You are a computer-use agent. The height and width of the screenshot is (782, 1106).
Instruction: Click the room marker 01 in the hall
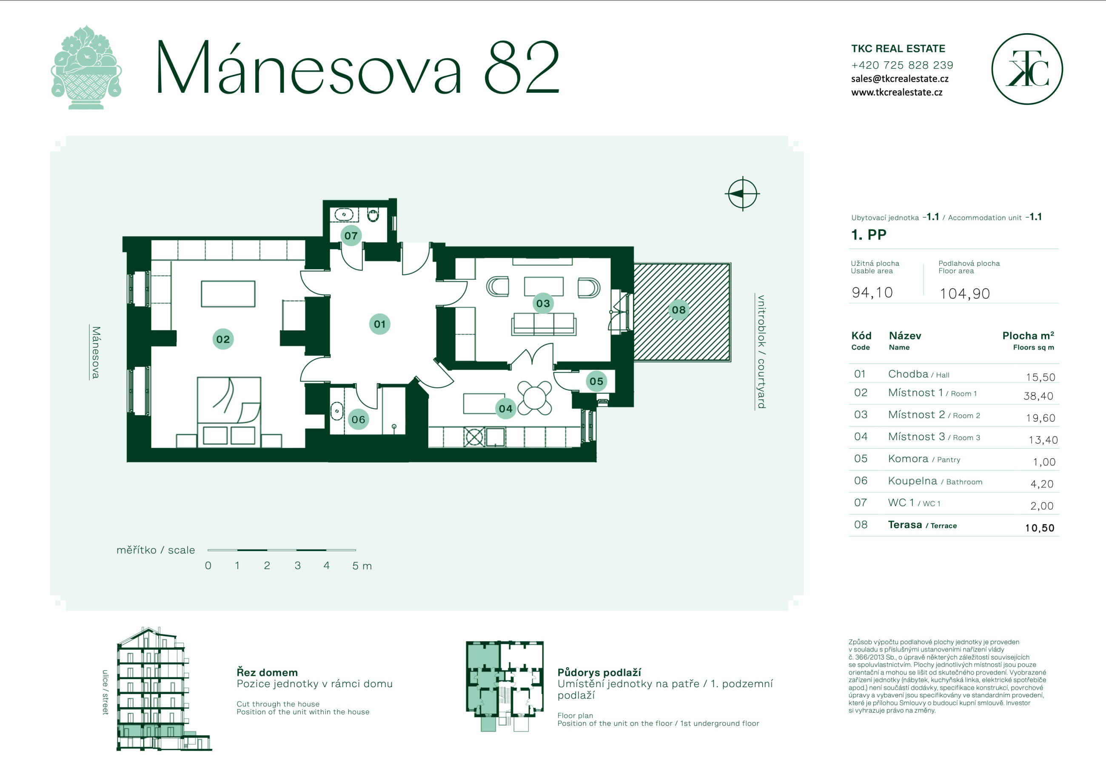[x=379, y=324]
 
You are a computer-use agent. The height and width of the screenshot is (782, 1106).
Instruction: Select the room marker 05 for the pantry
[x=596, y=381]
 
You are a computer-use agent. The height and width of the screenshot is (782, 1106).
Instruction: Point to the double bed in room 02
[x=229, y=412]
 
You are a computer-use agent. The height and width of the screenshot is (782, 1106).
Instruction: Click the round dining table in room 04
[x=535, y=398]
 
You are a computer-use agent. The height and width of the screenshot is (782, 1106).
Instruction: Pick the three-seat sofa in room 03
[x=543, y=324]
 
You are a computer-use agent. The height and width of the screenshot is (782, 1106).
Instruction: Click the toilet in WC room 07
[x=373, y=214]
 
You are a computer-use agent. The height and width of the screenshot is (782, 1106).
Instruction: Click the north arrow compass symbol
[x=742, y=193]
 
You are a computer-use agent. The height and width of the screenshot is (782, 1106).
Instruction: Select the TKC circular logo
[x=1027, y=69]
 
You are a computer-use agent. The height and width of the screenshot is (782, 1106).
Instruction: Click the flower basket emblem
[x=86, y=68]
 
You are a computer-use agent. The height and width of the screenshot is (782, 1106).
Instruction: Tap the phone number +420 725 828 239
[x=902, y=65]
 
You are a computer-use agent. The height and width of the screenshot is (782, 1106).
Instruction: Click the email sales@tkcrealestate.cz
[x=900, y=79]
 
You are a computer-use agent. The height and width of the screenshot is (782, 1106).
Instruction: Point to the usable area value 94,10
[x=872, y=293]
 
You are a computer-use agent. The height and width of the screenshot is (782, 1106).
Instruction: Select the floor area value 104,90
[x=965, y=294]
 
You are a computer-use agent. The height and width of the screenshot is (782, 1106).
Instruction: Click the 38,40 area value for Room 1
[x=1038, y=396]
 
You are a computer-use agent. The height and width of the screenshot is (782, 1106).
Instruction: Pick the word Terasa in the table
[x=905, y=525]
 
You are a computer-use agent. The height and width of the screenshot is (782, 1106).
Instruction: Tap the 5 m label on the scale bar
[x=362, y=566]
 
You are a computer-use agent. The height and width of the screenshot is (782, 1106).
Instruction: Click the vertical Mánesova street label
[x=96, y=353]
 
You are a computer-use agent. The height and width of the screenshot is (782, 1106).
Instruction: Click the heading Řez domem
[x=267, y=672]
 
